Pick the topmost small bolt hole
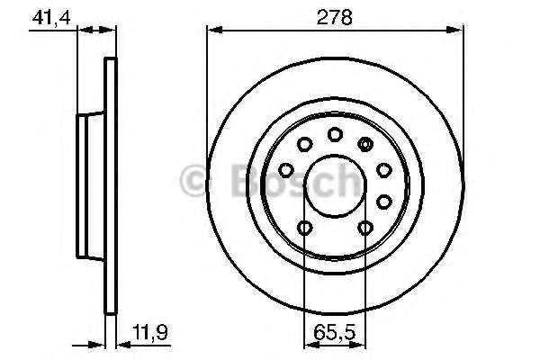click(335, 134)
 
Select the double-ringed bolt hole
click(365, 143)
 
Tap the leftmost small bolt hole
click(286, 169)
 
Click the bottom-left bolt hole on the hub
click(304, 228)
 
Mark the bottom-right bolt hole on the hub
click(364, 228)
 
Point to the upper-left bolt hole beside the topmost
click(304, 144)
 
